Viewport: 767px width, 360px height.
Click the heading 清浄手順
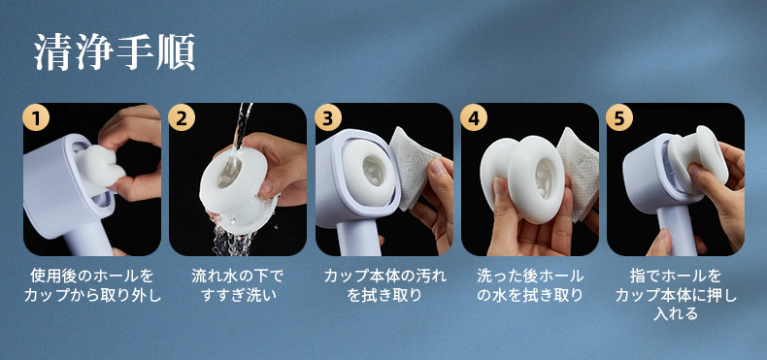coord(115,51)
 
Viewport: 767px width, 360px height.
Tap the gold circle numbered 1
coord(36,117)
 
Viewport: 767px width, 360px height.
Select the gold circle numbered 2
coord(182,117)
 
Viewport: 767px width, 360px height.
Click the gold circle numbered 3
coord(328,117)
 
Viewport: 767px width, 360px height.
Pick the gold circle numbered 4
coord(474,117)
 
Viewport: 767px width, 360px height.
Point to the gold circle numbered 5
coord(619,117)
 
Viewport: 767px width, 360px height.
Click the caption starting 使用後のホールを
coord(92,286)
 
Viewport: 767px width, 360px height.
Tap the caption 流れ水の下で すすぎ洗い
coord(238,286)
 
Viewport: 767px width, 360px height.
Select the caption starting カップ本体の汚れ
coord(385,286)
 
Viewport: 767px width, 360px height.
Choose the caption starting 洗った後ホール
coord(530,286)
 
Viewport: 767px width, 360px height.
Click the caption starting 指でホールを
coord(676,294)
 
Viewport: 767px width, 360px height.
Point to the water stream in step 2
coord(241,130)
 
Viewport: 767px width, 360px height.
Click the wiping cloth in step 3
coord(414,166)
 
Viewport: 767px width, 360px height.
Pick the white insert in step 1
coord(100,166)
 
